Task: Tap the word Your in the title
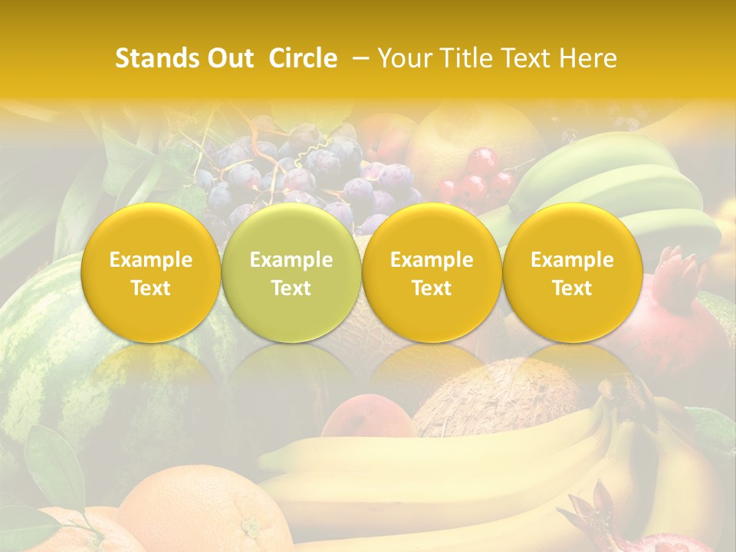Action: click(401, 58)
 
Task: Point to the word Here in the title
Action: click(590, 58)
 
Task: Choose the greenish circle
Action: click(291, 272)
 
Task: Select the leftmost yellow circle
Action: click(151, 272)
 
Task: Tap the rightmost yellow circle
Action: click(572, 272)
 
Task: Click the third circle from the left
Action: click(432, 272)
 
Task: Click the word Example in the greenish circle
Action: click(291, 260)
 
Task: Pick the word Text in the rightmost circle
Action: click(572, 288)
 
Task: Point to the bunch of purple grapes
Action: click(307, 176)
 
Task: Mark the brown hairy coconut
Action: click(498, 395)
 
